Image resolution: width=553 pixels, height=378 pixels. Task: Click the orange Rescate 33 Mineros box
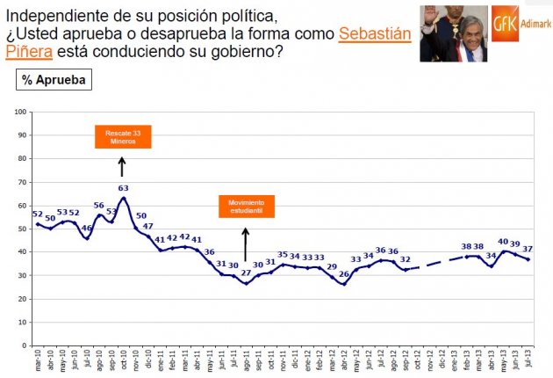122,137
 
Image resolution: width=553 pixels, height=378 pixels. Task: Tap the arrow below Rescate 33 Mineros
122,165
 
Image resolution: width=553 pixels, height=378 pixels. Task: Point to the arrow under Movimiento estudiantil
246,244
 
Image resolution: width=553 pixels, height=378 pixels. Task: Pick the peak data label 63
123,188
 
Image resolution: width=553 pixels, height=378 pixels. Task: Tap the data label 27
246,273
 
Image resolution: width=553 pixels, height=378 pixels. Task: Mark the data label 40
503,242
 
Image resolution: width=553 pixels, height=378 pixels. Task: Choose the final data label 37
528,249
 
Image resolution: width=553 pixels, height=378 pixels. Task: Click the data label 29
332,267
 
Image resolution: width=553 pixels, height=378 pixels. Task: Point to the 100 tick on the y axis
20,112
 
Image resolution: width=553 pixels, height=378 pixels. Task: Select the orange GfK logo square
504,23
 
